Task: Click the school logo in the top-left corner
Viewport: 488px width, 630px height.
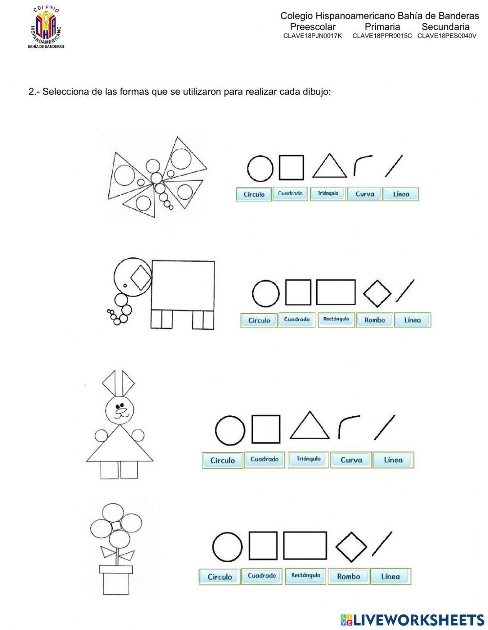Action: (x=47, y=27)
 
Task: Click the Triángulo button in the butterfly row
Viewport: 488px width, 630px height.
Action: (x=327, y=194)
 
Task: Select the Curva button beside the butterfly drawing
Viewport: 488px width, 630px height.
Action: (x=365, y=194)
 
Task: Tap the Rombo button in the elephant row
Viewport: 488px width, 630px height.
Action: (x=374, y=320)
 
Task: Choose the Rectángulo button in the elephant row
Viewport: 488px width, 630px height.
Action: (x=336, y=320)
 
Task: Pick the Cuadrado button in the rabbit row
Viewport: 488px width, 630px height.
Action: (x=264, y=459)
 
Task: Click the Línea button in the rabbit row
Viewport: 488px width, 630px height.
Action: (x=393, y=460)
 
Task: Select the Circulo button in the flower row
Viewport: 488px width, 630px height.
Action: (x=220, y=576)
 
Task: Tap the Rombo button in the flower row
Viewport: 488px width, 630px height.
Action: (x=348, y=576)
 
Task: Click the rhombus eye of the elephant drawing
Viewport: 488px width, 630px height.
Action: (x=142, y=277)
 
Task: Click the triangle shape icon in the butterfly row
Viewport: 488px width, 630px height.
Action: (x=329, y=166)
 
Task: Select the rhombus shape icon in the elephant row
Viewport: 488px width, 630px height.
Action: (x=377, y=293)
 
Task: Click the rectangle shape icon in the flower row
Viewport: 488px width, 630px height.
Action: (x=305, y=546)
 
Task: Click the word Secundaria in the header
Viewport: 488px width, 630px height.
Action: (x=445, y=27)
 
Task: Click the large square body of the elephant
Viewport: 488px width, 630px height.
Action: (x=183, y=285)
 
